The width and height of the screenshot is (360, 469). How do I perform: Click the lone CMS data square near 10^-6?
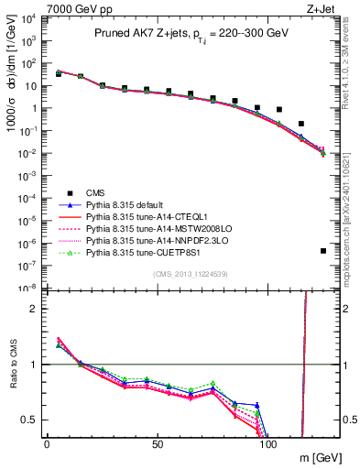323,251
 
